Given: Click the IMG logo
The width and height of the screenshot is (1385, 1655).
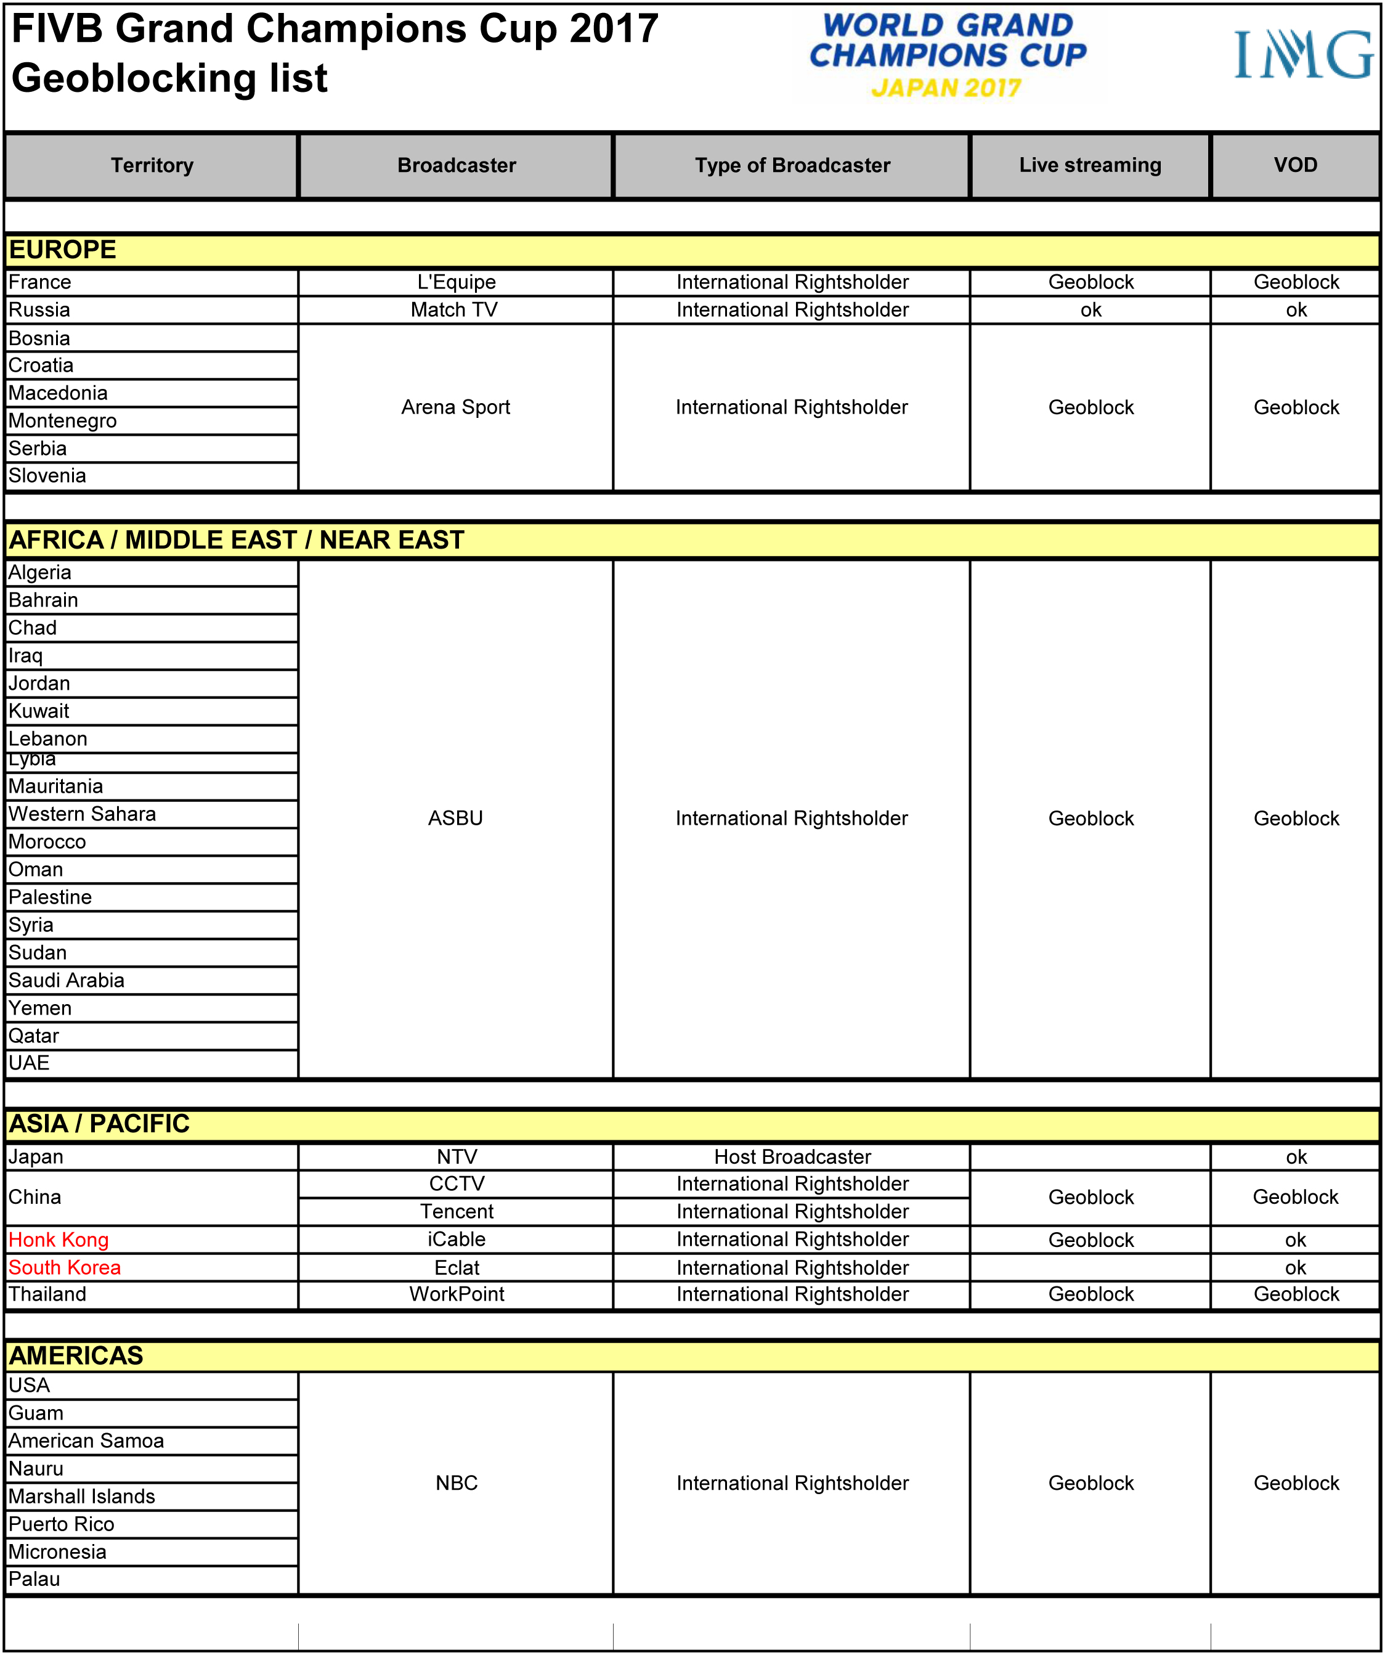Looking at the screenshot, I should (x=1303, y=55).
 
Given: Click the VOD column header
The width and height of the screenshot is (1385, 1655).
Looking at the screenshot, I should (x=1295, y=165).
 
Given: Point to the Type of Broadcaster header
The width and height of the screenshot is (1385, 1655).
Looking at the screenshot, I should (x=792, y=165).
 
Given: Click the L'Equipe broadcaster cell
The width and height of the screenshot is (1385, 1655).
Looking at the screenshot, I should (x=456, y=282).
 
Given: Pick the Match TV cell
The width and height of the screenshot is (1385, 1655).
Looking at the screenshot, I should (x=454, y=309).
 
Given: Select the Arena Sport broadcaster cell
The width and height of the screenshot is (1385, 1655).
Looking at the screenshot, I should (x=455, y=407).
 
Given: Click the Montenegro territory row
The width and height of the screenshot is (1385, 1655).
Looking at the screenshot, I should (x=63, y=421).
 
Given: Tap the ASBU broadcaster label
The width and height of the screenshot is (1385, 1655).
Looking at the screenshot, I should (x=455, y=818).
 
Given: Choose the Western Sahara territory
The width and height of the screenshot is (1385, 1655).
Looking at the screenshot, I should (x=82, y=814).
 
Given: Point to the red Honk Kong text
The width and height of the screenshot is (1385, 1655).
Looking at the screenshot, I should (x=59, y=1240).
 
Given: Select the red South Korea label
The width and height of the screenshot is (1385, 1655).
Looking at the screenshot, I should (x=65, y=1267).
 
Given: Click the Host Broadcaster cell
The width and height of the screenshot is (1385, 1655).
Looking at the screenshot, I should (x=792, y=1157).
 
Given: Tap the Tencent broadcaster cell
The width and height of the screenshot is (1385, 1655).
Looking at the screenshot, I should (x=456, y=1211).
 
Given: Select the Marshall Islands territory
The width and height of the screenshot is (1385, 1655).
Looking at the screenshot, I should (x=82, y=1497).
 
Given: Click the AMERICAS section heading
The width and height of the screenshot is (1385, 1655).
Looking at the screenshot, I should (x=76, y=1355).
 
